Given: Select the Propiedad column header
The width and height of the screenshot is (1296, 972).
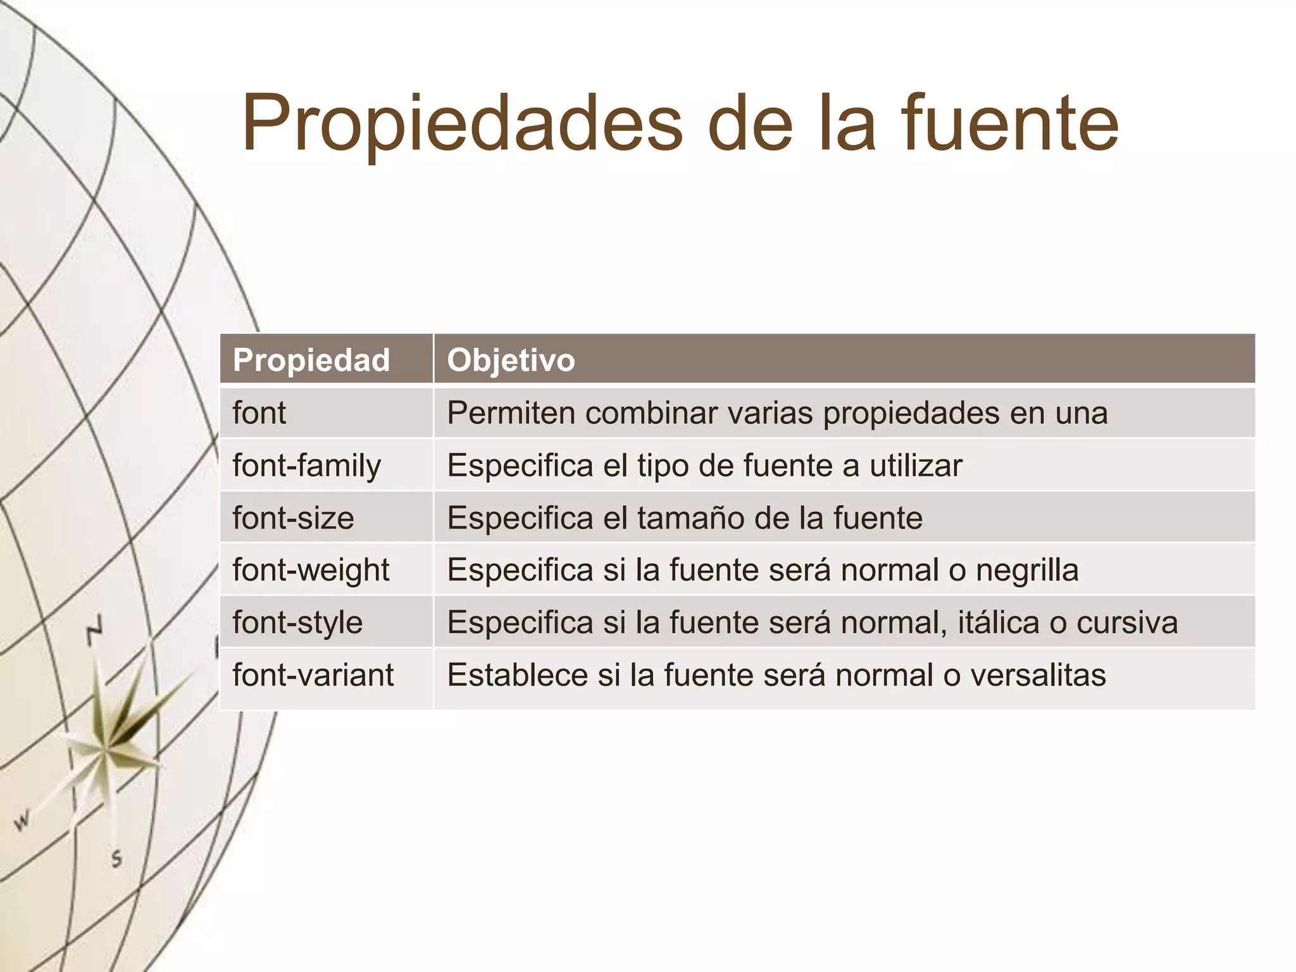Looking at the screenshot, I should point(311,360).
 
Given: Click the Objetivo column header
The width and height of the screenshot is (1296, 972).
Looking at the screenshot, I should point(511,360).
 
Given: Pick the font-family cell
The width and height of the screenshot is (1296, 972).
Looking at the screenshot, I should point(307,466).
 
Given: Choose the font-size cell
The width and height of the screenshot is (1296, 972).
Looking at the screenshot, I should point(293,518).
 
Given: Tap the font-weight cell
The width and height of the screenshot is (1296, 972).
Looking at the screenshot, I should point(311,570).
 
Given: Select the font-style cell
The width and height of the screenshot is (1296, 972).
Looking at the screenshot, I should point(297,623).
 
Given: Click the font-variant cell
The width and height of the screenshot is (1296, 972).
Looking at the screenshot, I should point(313,675).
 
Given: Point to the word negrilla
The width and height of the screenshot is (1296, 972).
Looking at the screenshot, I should point(1027,570).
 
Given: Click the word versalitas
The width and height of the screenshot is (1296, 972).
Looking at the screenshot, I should point(1038,675).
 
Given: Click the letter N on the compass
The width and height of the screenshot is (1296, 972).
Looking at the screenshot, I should point(95,629).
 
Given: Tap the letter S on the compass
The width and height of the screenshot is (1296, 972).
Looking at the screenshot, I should point(116,859).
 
